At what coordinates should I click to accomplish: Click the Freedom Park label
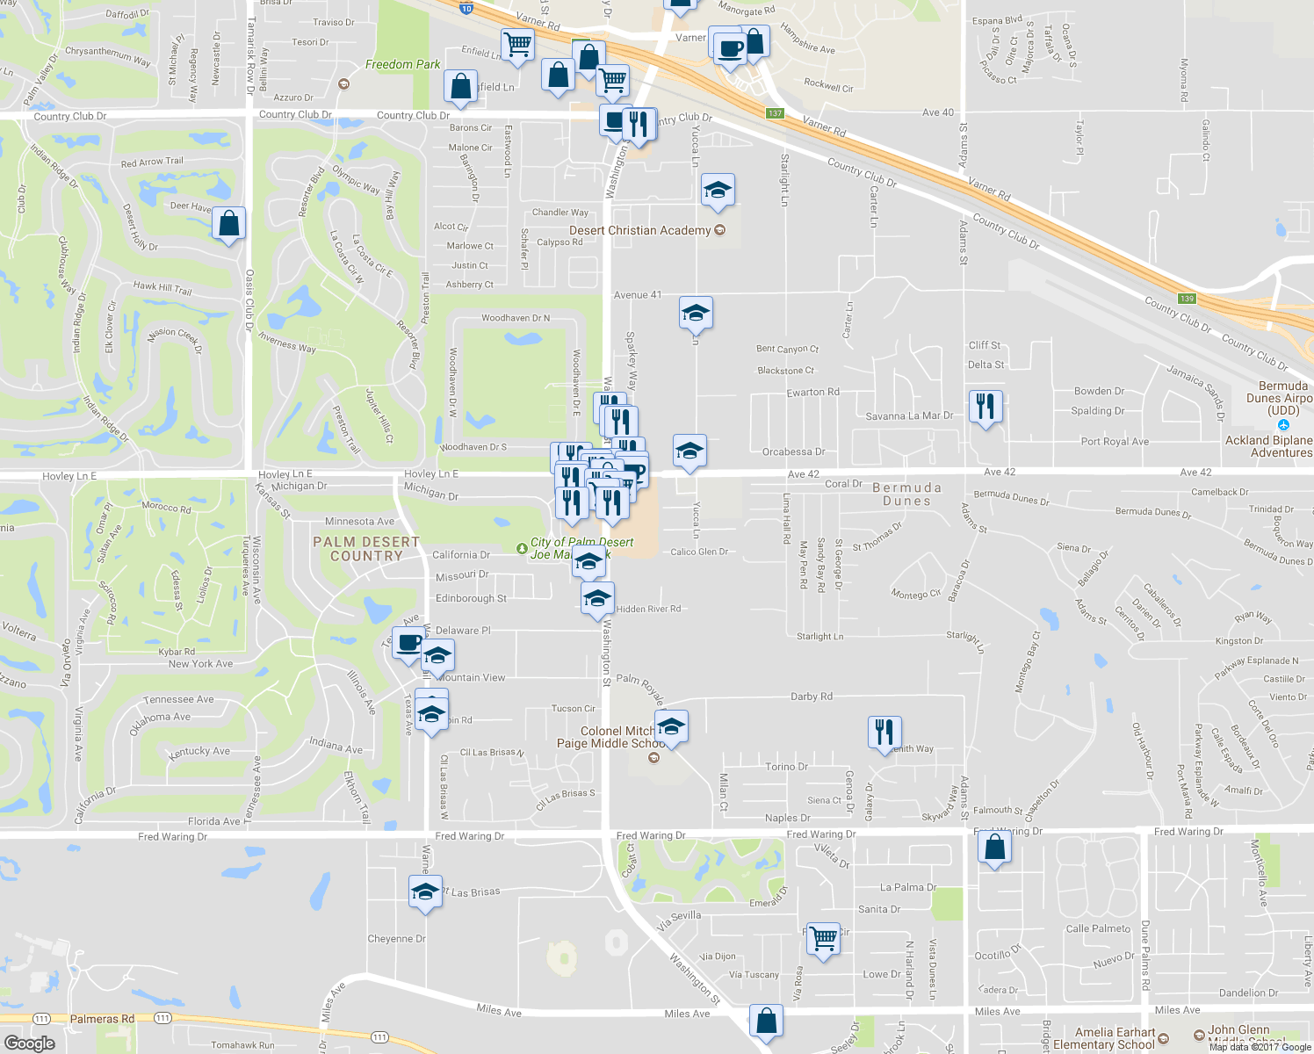tap(402, 64)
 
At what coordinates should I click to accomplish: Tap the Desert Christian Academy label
tap(639, 230)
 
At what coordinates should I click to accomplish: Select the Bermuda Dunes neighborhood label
tap(906, 494)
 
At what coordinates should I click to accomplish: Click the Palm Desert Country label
tap(366, 549)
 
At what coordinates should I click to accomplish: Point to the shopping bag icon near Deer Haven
tap(228, 224)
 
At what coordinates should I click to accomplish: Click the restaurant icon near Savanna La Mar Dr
tap(985, 407)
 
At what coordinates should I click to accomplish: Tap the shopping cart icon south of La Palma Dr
tap(824, 938)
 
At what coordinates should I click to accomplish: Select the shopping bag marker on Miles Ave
tap(766, 1021)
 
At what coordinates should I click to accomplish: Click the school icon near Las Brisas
tap(425, 892)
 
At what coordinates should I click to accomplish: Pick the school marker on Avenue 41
tap(696, 313)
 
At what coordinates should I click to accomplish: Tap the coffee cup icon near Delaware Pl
tap(408, 643)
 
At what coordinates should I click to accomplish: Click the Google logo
tap(29, 1043)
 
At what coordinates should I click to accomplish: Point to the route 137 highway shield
tap(774, 113)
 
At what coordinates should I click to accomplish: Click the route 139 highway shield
tap(1187, 299)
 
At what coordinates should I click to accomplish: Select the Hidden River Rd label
tap(648, 609)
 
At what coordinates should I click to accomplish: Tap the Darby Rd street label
tap(811, 697)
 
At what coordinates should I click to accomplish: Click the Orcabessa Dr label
tap(793, 452)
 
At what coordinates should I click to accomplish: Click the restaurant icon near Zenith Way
tap(884, 732)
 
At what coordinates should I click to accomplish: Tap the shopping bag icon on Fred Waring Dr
tap(994, 848)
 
